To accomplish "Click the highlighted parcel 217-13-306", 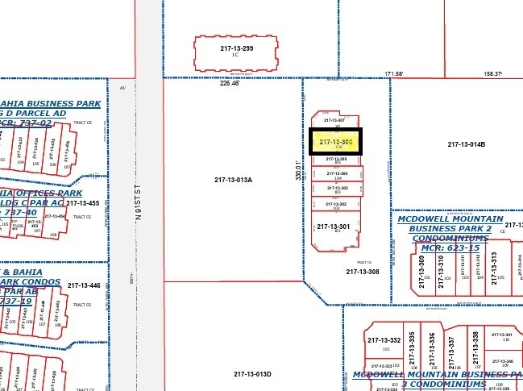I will click(336, 142).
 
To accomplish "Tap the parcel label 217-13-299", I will click(236, 48).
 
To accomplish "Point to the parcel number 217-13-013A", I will click(235, 179).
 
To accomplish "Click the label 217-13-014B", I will click(467, 144).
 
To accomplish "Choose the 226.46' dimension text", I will click(230, 82).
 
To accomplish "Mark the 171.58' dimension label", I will click(394, 73).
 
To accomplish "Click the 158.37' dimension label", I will click(492, 74).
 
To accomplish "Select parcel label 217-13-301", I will click(332, 226).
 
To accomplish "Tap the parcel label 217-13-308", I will click(363, 272).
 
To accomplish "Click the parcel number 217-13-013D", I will click(253, 374).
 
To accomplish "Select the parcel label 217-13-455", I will click(83, 204).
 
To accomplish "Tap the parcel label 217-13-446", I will click(84, 285).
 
